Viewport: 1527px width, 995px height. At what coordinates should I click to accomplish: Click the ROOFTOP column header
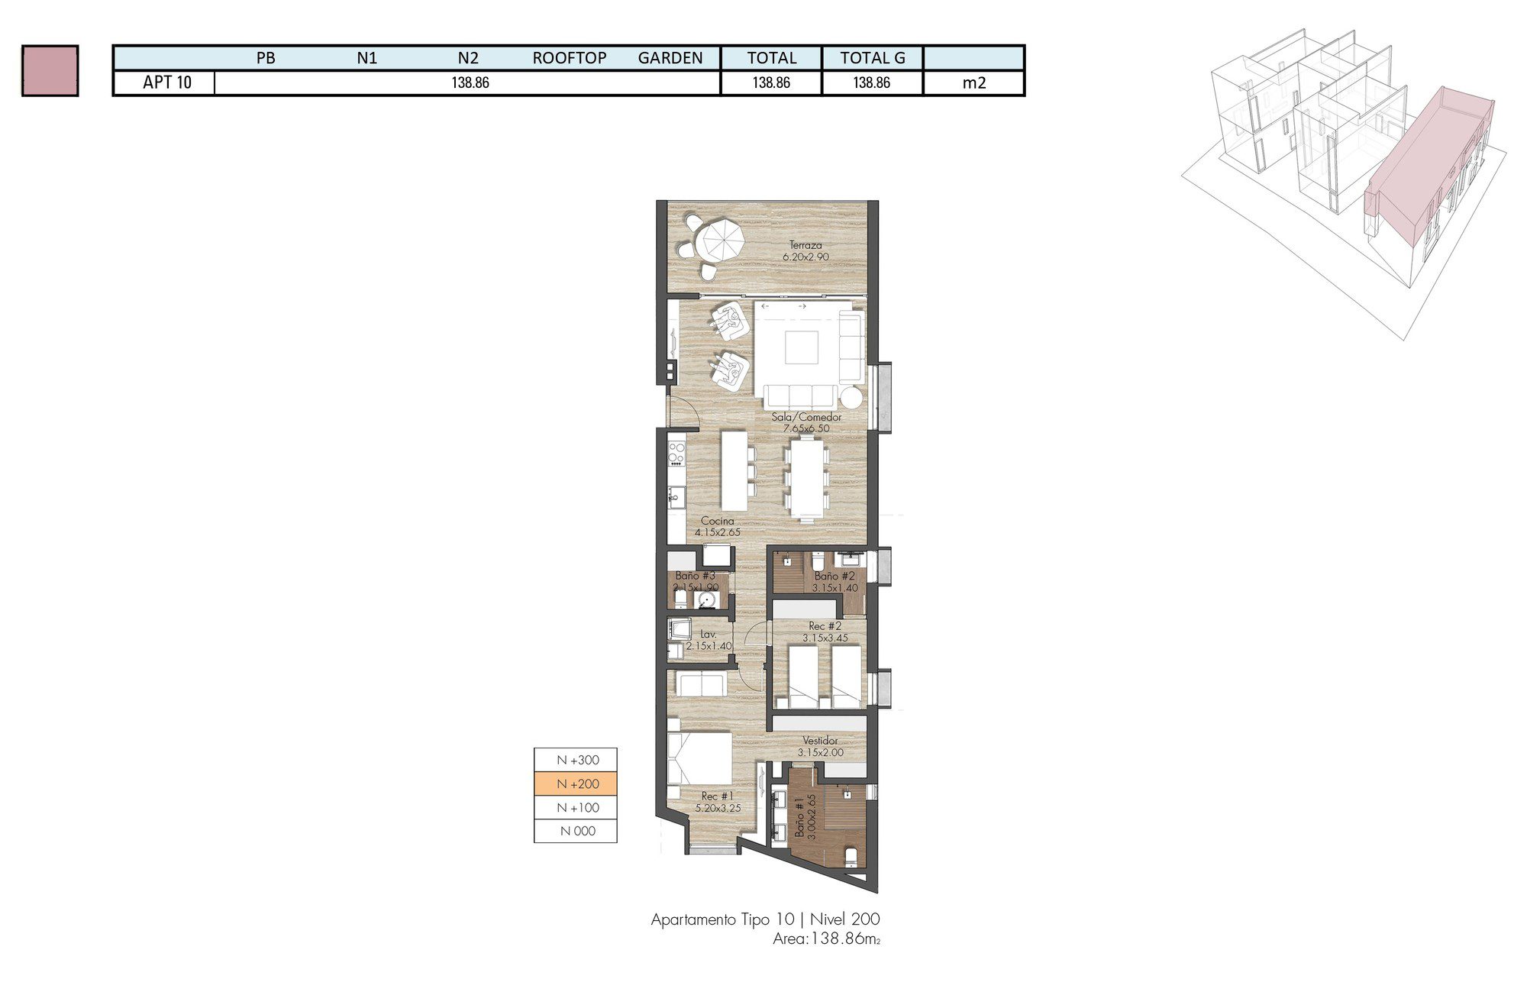pos(569,58)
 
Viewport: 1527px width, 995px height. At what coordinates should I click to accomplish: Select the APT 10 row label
pos(166,82)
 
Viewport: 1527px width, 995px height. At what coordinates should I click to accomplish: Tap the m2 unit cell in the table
pos(973,82)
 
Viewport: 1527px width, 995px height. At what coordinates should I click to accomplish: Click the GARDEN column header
pos(670,58)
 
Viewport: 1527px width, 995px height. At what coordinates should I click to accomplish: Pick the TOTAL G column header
pos(872,58)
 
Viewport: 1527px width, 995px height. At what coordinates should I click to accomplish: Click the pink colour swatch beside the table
pos(50,70)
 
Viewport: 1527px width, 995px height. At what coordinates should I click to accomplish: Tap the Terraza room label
pos(805,246)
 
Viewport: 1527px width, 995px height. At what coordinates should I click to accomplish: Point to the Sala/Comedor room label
pos(806,417)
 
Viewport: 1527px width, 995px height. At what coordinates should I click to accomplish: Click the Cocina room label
pos(717,521)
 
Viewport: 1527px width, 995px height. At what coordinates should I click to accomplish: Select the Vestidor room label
pos(820,741)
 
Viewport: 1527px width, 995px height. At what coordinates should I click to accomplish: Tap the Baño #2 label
pos(834,577)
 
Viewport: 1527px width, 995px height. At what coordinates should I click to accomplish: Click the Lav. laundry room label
pos(709,634)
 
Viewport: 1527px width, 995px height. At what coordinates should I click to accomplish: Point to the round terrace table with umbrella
pos(722,240)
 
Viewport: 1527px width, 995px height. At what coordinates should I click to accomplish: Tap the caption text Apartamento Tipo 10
pos(722,919)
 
